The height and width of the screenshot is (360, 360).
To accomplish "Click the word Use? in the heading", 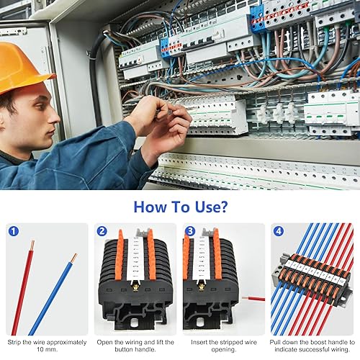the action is pos(211,207).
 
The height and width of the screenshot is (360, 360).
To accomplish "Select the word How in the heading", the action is pos(150,207).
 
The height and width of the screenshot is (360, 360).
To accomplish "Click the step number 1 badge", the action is pos(14,231).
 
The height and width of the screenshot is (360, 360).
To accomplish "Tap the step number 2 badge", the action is pos(102,231).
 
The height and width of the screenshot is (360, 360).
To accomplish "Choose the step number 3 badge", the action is pos(190,231).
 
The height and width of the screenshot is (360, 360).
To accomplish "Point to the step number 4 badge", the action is pos(279,231).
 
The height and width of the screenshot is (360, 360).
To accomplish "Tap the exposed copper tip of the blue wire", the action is pos(74,258).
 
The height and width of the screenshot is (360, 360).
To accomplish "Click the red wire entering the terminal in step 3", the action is pos(253,299).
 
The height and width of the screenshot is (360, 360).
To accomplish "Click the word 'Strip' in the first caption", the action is pos(14,342).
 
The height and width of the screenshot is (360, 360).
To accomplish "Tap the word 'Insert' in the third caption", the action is pos(199,342).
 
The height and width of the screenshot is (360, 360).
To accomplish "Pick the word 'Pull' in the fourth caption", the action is pos(275,342).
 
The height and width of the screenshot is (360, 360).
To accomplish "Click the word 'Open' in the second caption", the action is pos(104,343).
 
